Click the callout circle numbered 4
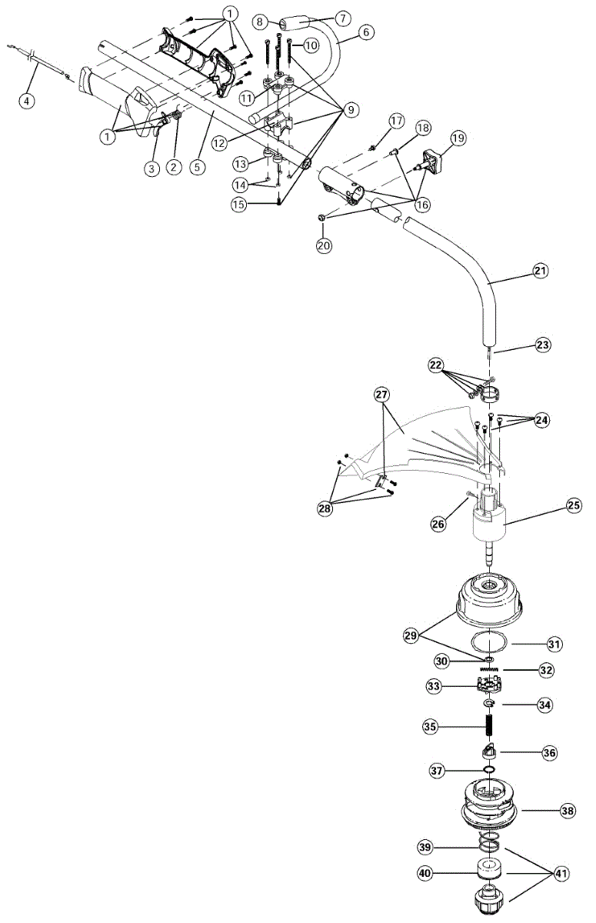[28, 99]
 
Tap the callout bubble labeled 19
[458, 138]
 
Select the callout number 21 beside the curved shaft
[541, 270]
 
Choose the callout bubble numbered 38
[568, 810]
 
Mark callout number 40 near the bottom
[425, 873]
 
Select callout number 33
[434, 685]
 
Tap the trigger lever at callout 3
[159, 125]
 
